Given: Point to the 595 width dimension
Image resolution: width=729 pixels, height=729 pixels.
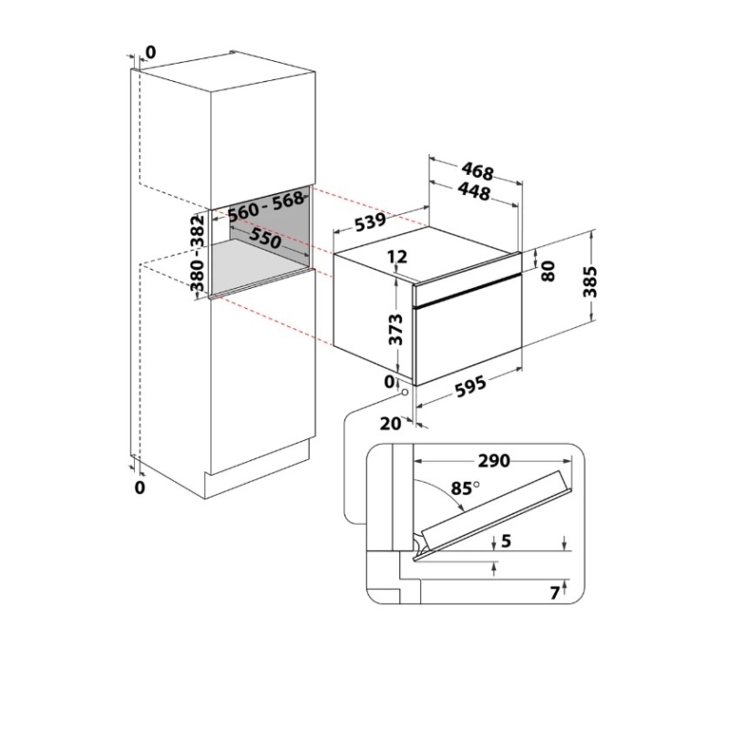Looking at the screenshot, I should (470, 386).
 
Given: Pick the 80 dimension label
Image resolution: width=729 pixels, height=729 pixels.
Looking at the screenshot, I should (548, 271).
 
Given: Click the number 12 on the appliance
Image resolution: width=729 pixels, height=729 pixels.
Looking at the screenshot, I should (396, 258).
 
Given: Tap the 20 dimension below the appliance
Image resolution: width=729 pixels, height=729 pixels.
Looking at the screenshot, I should (391, 423).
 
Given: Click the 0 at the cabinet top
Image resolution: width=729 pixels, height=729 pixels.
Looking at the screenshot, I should (150, 53).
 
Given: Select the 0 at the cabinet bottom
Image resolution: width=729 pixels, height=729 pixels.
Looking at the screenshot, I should (139, 488).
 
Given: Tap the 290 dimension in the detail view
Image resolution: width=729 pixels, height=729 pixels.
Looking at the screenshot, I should (493, 461).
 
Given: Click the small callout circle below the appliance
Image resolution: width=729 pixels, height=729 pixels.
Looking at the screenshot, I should (402, 392).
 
